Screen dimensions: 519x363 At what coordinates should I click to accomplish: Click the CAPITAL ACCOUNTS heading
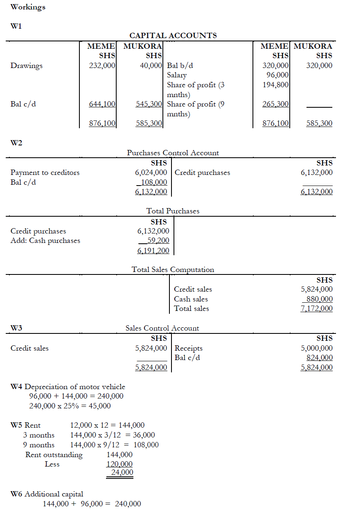173,36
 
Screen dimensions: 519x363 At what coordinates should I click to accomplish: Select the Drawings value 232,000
102,66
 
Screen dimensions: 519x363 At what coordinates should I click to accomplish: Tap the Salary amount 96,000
278,75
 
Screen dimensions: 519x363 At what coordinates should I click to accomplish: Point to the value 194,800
275,85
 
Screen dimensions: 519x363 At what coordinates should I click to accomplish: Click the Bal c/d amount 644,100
102,104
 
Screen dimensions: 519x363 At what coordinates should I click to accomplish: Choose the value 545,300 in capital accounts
149,104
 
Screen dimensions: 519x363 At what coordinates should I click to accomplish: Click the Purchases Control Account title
173,153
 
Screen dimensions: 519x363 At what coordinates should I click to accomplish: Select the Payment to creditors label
45,172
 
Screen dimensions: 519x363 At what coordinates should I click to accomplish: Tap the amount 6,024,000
151,172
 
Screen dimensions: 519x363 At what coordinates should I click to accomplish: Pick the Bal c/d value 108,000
153,182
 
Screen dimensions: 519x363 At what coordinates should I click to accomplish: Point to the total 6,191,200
153,251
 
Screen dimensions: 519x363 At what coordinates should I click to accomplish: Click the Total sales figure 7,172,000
316,308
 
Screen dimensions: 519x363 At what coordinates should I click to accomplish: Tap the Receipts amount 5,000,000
316,348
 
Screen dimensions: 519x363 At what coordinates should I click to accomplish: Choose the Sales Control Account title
162,328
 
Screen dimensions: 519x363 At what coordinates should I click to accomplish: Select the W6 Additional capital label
47,494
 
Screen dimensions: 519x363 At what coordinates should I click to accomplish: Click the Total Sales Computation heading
173,270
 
